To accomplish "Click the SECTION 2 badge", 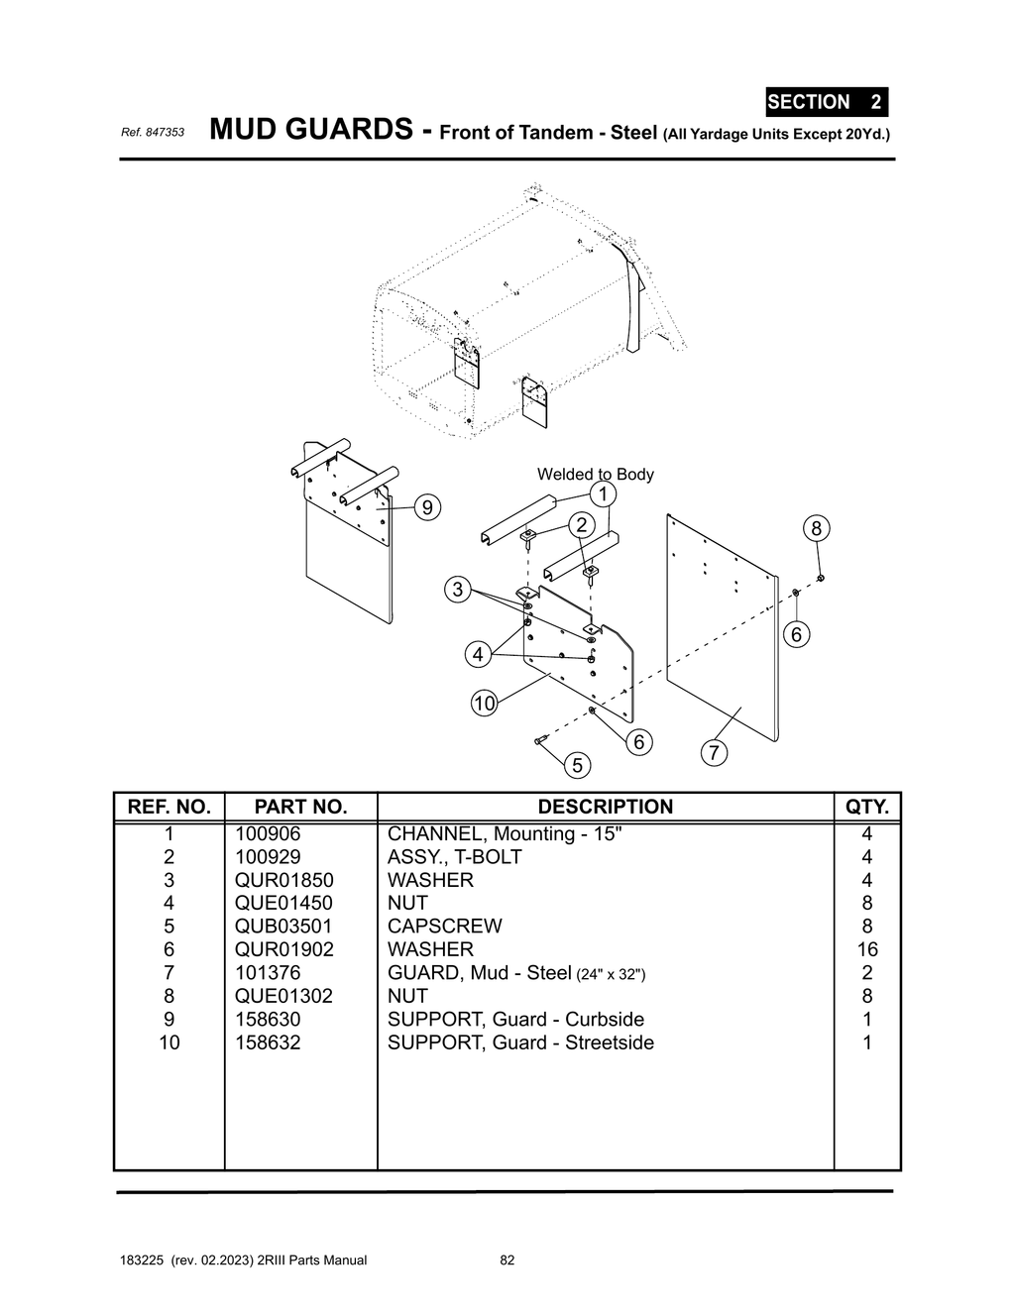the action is coord(826,102).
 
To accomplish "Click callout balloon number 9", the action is coord(427,507).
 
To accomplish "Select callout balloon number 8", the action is coord(816,528).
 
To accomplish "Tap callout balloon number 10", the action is coord(484,704).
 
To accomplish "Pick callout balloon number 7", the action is coord(714,753).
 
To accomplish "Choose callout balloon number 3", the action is coord(457,590).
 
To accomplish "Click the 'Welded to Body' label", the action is coord(595,474).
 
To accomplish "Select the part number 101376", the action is coord(268,972).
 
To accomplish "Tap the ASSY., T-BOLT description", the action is coord(454,856).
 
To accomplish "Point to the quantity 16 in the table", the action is coord(866,949).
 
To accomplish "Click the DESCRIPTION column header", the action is coord(605,807).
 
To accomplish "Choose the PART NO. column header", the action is coord(300,807).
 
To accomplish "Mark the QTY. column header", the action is coord(867,807).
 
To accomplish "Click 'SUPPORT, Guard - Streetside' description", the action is coord(520,1041).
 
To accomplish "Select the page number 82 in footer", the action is coord(507,1260).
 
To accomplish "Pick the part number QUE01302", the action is coord(283,995).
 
